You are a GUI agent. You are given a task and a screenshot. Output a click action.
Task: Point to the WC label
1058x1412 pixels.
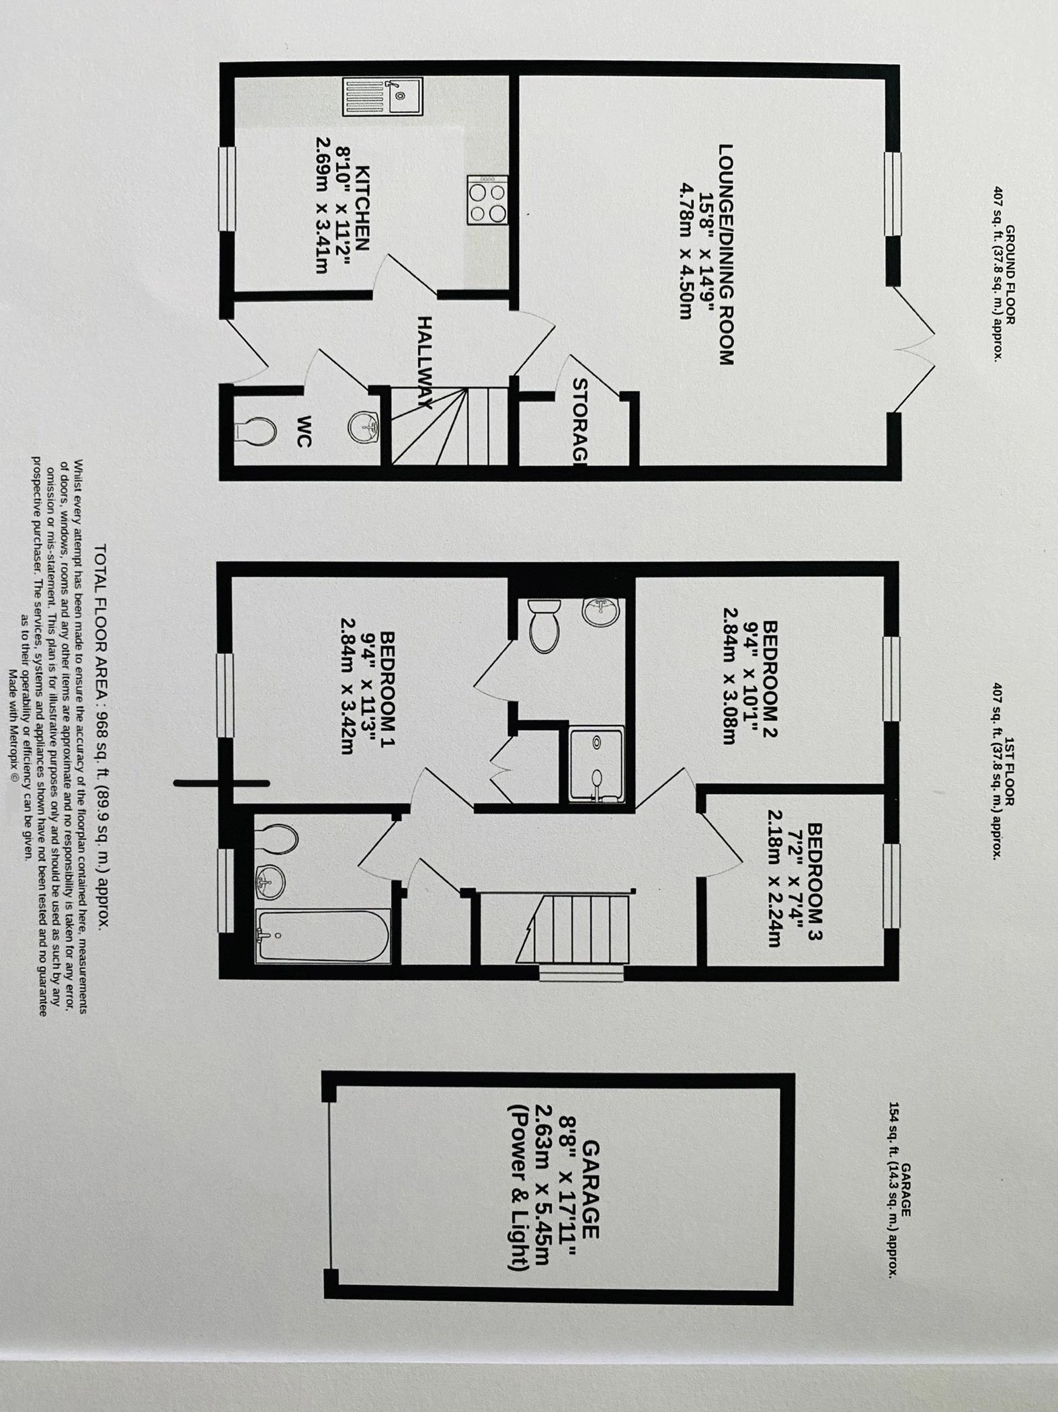pyautogui.click(x=304, y=431)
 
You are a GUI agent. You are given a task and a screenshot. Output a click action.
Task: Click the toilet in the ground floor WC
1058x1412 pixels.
pyautogui.click(x=258, y=431)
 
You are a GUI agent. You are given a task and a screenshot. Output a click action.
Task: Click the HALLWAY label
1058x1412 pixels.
pyautogui.click(x=425, y=363)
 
